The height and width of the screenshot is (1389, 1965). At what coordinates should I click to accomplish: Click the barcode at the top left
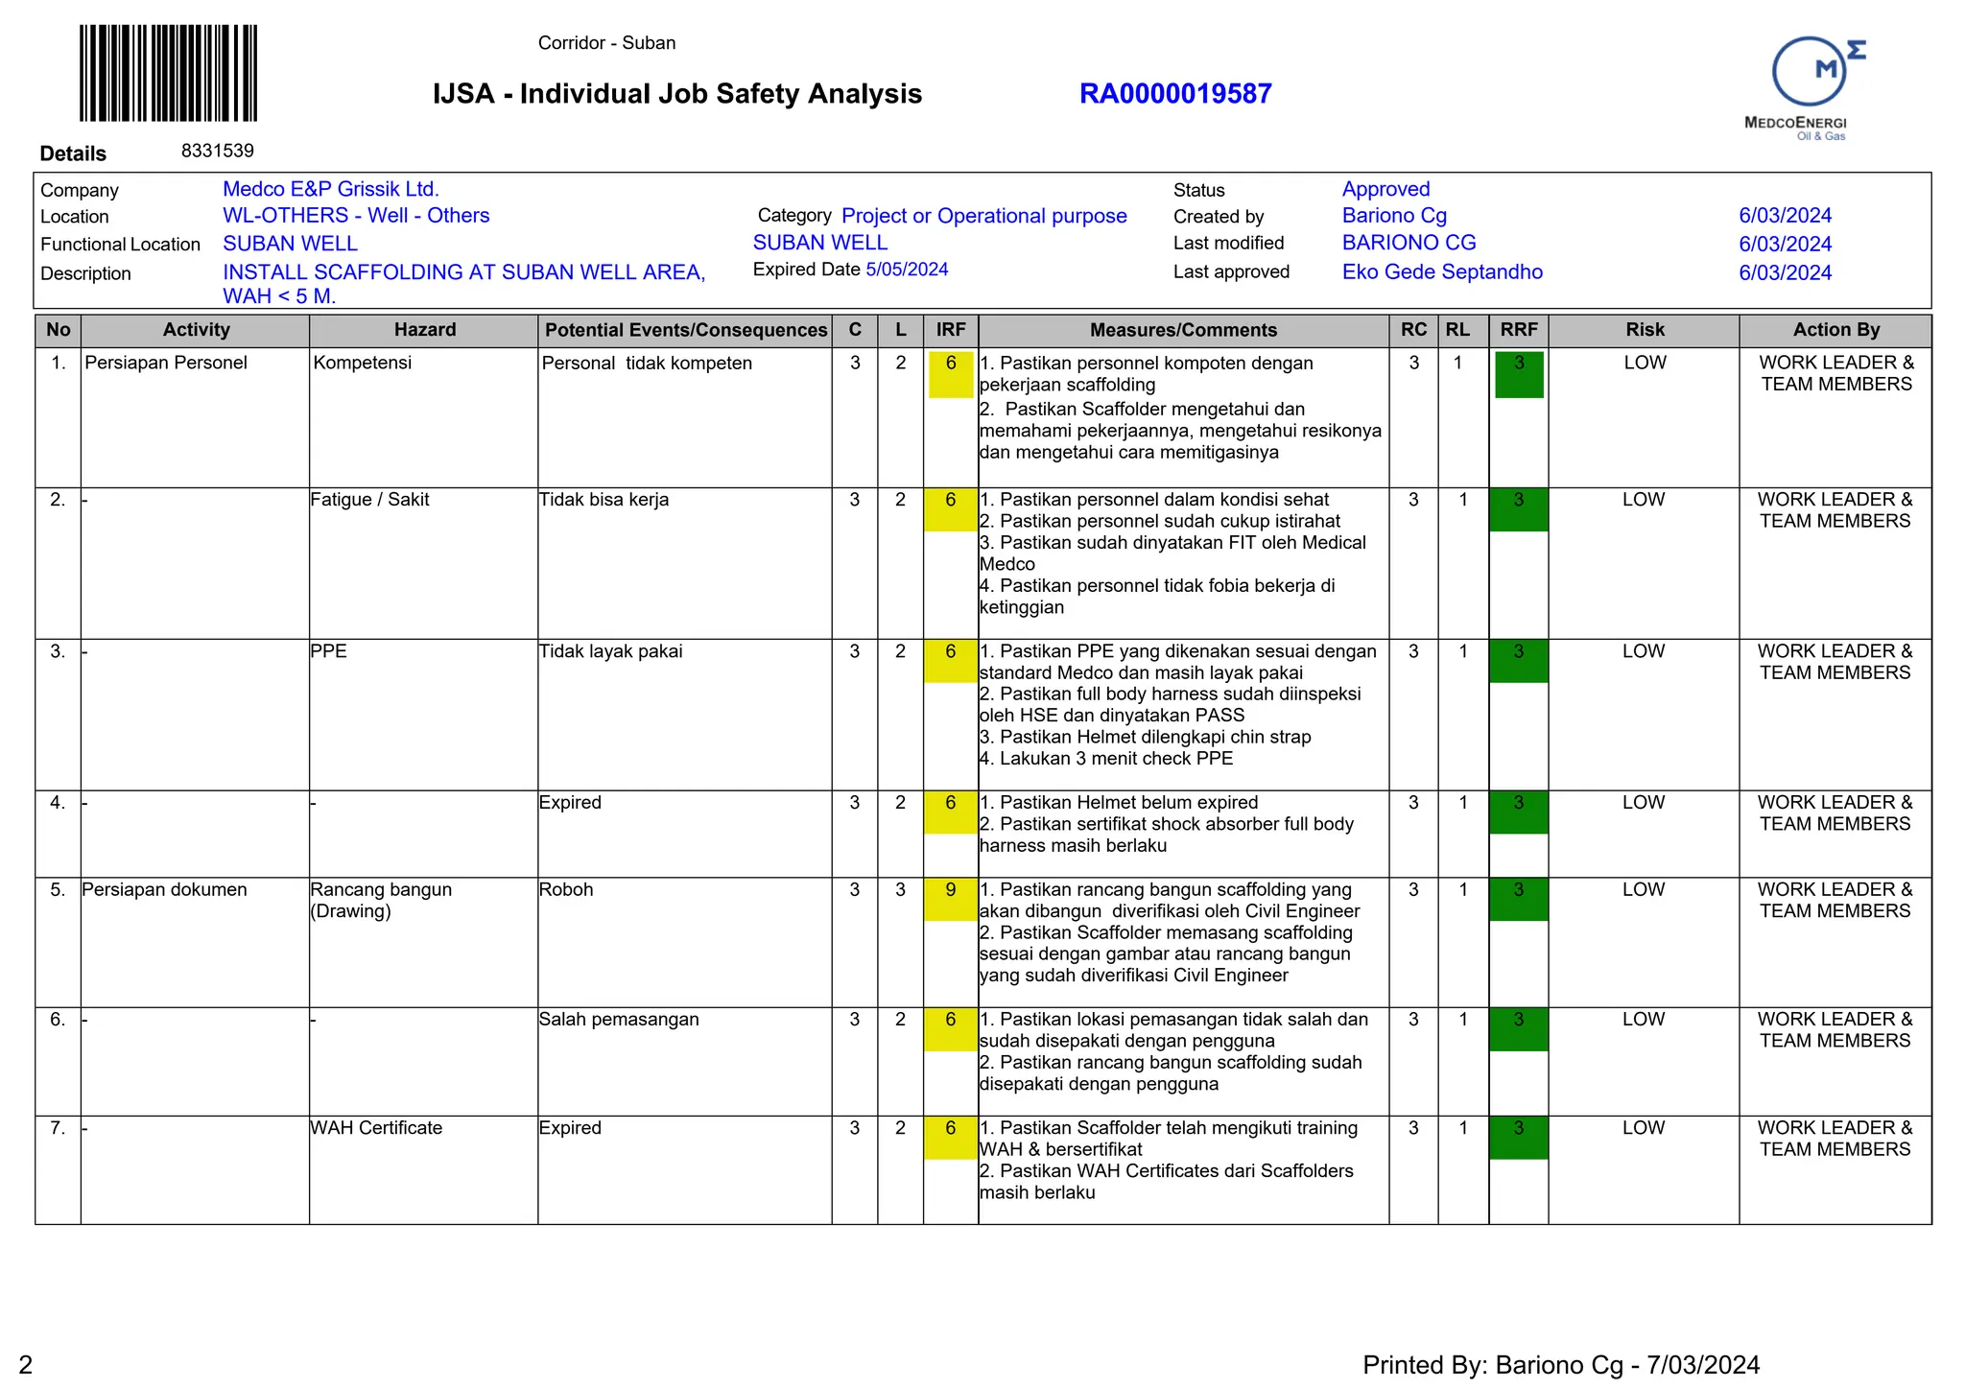point(168,73)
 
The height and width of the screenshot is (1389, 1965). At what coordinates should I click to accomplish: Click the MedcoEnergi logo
point(1810,87)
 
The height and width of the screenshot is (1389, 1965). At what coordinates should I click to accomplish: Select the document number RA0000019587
point(1174,94)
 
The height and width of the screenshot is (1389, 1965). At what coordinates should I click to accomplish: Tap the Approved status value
point(1385,189)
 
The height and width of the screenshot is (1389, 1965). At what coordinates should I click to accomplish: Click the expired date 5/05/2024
point(906,270)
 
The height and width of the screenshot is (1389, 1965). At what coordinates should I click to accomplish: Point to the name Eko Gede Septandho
point(1441,272)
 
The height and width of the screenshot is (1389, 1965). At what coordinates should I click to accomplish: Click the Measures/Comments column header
point(1182,330)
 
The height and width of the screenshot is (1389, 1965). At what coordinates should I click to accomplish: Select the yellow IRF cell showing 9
point(950,899)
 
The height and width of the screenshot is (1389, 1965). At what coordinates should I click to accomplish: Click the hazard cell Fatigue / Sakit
point(369,500)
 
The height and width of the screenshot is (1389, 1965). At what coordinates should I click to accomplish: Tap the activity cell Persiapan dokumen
point(164,890)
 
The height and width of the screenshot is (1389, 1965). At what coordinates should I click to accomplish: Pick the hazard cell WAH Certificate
point(376,1128)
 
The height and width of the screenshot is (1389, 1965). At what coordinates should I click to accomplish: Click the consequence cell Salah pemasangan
point(619,1020)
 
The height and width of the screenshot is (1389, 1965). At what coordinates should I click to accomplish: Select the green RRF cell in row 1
point(1518,374)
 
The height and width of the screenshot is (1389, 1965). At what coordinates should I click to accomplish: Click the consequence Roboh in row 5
point(566,890)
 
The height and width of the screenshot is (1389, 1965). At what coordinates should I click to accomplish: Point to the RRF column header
point(1518,330)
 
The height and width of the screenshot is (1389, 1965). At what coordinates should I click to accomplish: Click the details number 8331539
point(218,151)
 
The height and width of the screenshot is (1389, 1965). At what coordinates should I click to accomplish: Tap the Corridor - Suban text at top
point(606,43)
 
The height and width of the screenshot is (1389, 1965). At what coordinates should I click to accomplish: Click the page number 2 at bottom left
point(26,1364)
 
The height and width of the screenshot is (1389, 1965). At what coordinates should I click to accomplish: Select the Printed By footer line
point(1560,1365)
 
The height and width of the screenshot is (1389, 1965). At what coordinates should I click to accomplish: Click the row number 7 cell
point(58,1128)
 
